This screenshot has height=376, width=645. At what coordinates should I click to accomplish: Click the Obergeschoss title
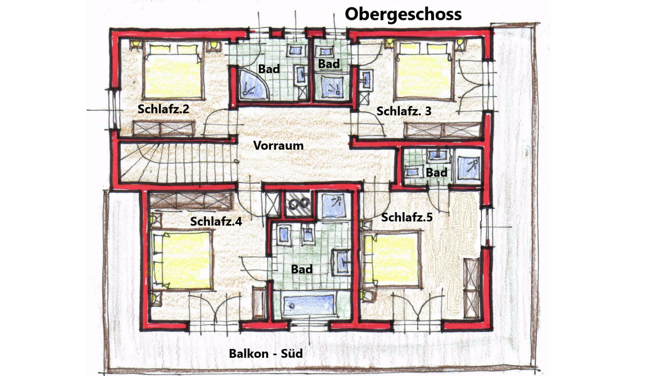pyautogui.click(x=403, y=15)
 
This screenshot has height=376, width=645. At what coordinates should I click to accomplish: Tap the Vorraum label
pyautogui.click(x=278, y=146)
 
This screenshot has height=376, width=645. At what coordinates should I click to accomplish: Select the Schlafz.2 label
pyautogui.click(x=163, y=109)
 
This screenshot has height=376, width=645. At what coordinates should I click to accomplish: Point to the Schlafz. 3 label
pyautogui.click(x=404, y=111)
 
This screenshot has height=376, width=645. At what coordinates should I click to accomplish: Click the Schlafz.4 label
pyautogui.click(x=216, y=221)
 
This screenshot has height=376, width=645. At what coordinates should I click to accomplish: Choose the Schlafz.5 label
pyautogui.click(x=407, y=217)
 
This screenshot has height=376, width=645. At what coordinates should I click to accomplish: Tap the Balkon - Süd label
pyautogui.click(x=266, y=353)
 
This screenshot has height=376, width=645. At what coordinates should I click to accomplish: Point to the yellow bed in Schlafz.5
pyautogui.click(x=392, y=259)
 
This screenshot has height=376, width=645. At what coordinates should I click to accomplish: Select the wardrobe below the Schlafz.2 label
pyautogui.click(x=163, y=128)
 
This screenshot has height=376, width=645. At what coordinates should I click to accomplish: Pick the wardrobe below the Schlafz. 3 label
pyautogui.click(x=442, y=130)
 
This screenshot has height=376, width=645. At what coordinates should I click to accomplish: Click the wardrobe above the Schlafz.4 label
pyautogui.click(x=191, y=200)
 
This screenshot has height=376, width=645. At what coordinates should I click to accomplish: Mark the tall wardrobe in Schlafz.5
pyautogui.click(x=471, y=288)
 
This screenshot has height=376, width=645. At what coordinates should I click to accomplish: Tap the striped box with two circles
pyautogui.click(x=298, y=204)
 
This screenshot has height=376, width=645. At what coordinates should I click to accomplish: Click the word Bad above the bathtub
pyautogui.click(x=302, y=269)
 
